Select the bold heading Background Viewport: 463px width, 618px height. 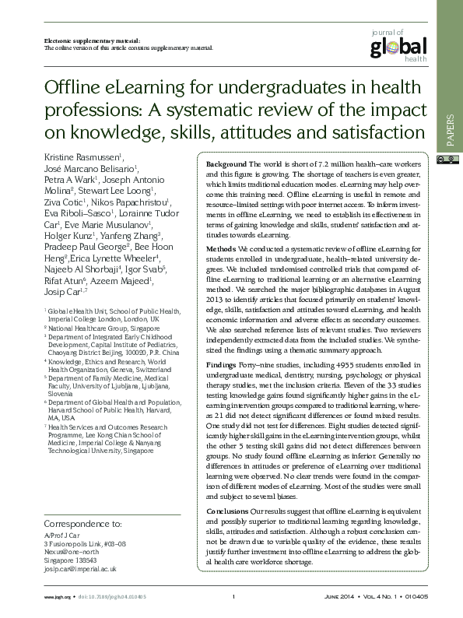(226, 166)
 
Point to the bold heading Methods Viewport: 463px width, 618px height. (221, 248)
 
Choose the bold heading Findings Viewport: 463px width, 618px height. (222, 364)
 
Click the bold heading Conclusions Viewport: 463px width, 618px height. (227, 511)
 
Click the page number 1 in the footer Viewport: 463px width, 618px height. (233, 597)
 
